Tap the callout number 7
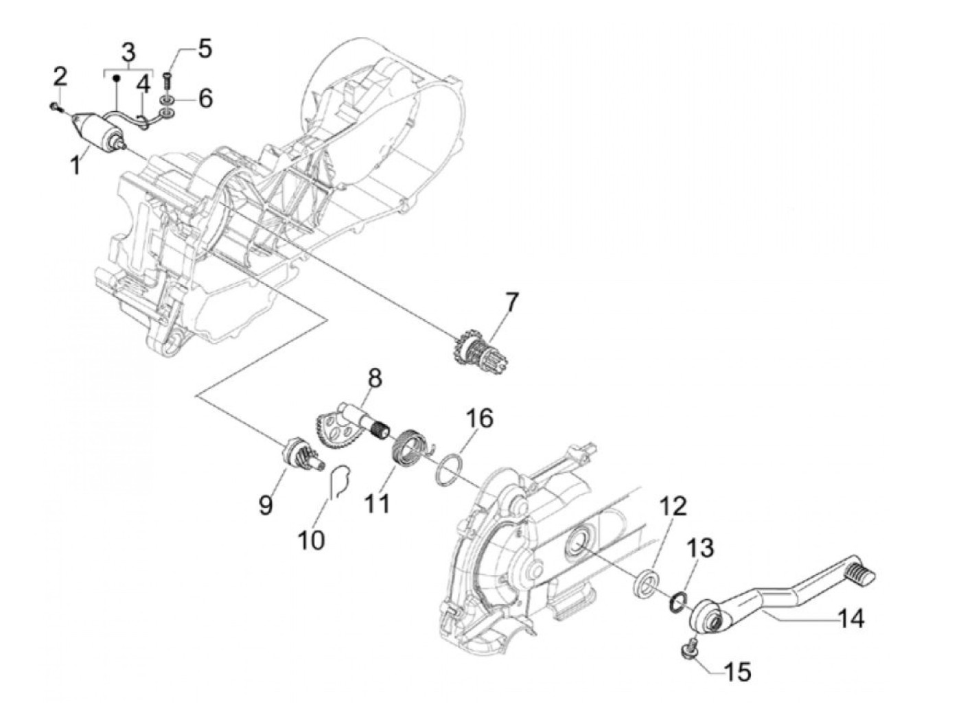pyautogui.click(x=512, y=302)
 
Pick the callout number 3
pyautogui.click(x=128, y=52)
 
